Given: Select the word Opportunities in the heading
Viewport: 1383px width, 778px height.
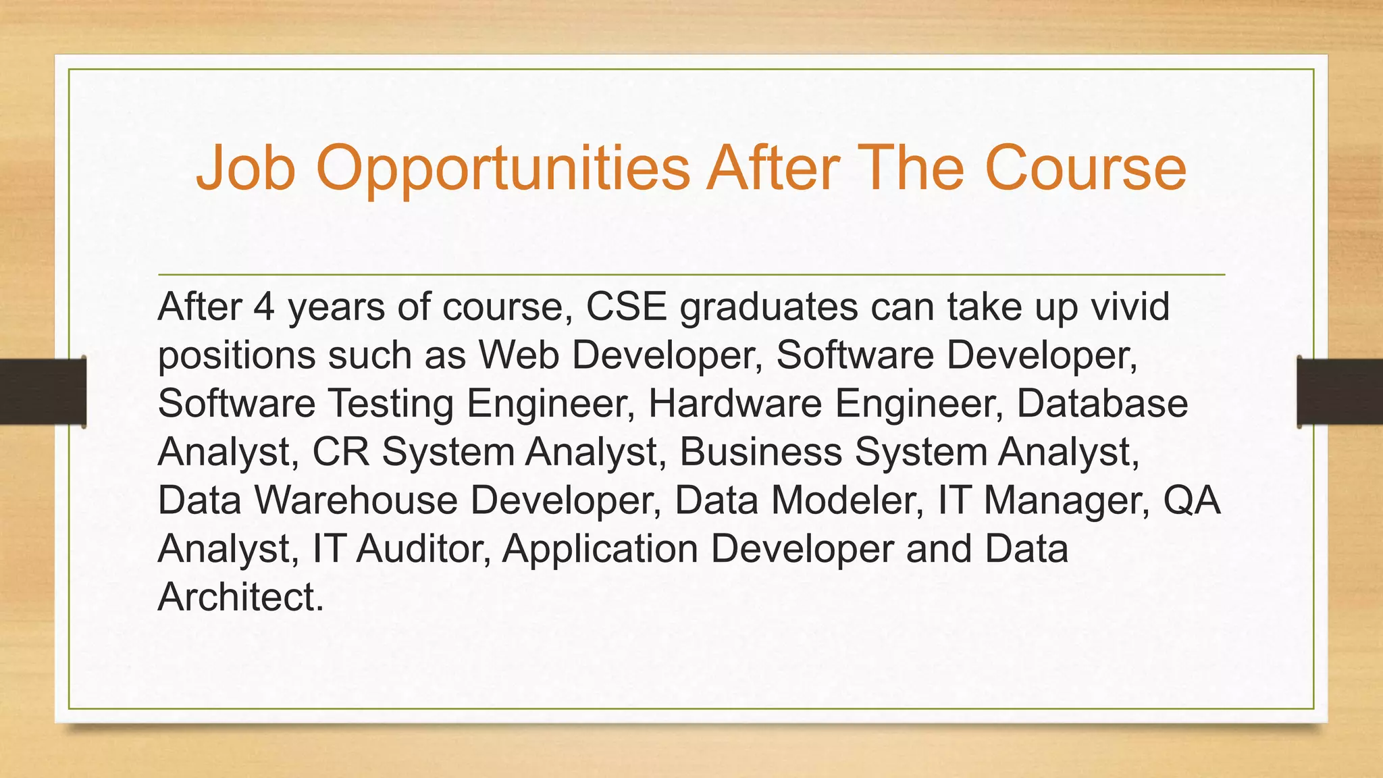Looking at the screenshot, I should (503, 169).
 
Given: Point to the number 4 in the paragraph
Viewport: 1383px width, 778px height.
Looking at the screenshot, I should (264, 307).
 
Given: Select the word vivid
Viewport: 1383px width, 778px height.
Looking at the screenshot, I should (1131, 307).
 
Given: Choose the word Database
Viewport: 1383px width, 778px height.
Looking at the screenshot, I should (1102, 404).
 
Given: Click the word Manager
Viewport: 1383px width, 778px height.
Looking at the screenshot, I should (1067, 500).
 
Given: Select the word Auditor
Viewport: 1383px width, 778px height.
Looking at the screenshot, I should (423, 549).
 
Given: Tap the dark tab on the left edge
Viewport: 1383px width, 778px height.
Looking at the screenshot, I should (43, 392).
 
